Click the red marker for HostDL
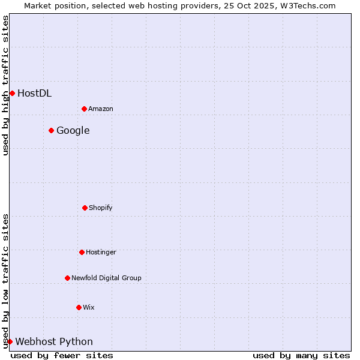click(12, 93)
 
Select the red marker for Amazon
click(84, 109)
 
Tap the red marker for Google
click(51, 130)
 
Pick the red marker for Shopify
click(85, 208)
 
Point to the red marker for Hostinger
click(82, 252)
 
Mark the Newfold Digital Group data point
click(67, 278)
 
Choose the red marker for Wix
click(79, 307)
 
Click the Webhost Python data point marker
click(10, 341)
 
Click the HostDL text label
click(34, 93)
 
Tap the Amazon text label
click(101, 109)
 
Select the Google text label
click(73, 130)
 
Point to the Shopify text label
click(101, 208)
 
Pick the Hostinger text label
click(101, 252)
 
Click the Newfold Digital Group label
click(106, 278)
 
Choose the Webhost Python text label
click(54, 341)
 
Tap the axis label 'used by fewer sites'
click(62, 355)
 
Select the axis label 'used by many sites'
click(301, 355)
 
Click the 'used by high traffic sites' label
click(5, 85)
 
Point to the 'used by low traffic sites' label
click(5, 281)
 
